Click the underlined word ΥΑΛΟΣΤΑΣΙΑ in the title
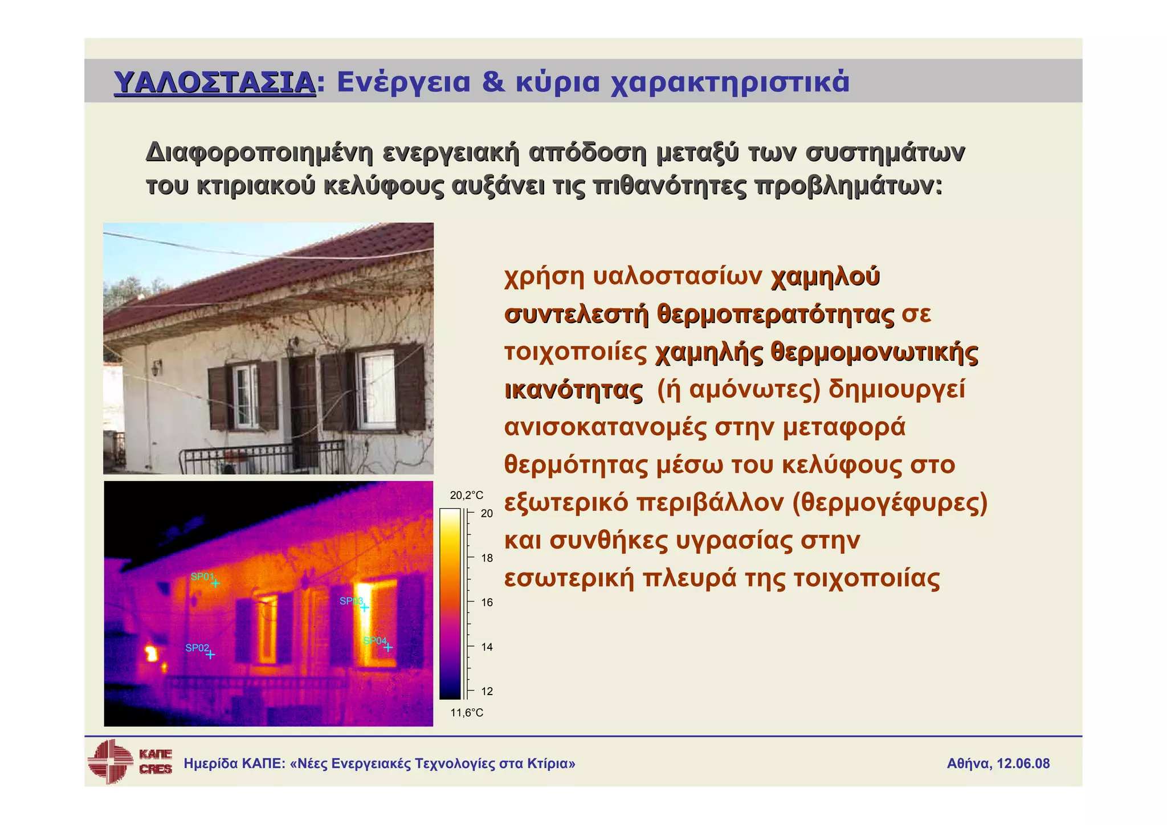click(x=215, y=82)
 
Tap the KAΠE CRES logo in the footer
click(x=130, y=762)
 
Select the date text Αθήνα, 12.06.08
click(x=998, y=763)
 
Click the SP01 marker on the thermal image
click(x=215, y=583)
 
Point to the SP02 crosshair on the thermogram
click(x=210, y=655)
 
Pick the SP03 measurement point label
click(x=351, y=601)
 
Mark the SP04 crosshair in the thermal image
click(x=388, y=647)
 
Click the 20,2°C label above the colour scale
click(x=466, y=495)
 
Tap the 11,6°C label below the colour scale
click(x=466, y=713)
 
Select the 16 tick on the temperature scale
click(x=487, y=602)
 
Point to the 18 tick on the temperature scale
click(x=487, y=558)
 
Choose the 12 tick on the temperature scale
click(x=487, y=691)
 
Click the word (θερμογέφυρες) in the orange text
click(x=889, y=503)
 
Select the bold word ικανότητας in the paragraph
click(x=574, y=390)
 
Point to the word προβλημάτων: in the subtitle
click(x=848, y=186)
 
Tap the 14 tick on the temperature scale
click(x=487, y=647)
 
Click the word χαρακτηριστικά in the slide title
click(x=730, y=82)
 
